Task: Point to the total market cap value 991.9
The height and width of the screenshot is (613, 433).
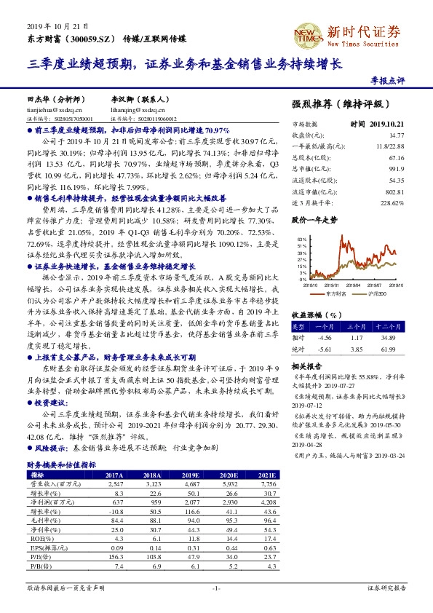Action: click(397, 167)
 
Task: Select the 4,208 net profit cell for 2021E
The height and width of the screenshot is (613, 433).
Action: click(269, 502)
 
